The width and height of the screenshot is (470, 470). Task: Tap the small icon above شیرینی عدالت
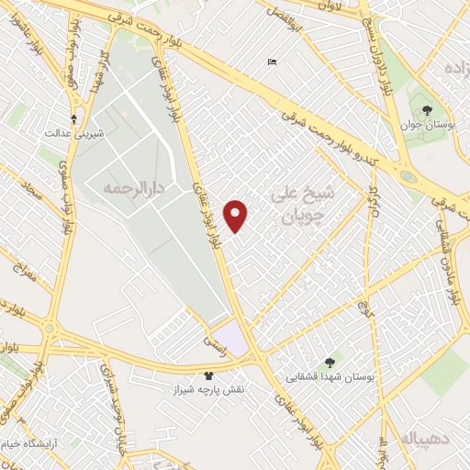[x=74, y=118]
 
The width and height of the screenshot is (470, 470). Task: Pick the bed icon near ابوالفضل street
[x=272, y=62]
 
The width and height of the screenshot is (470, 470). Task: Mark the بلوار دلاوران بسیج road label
[x=366, y=37]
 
